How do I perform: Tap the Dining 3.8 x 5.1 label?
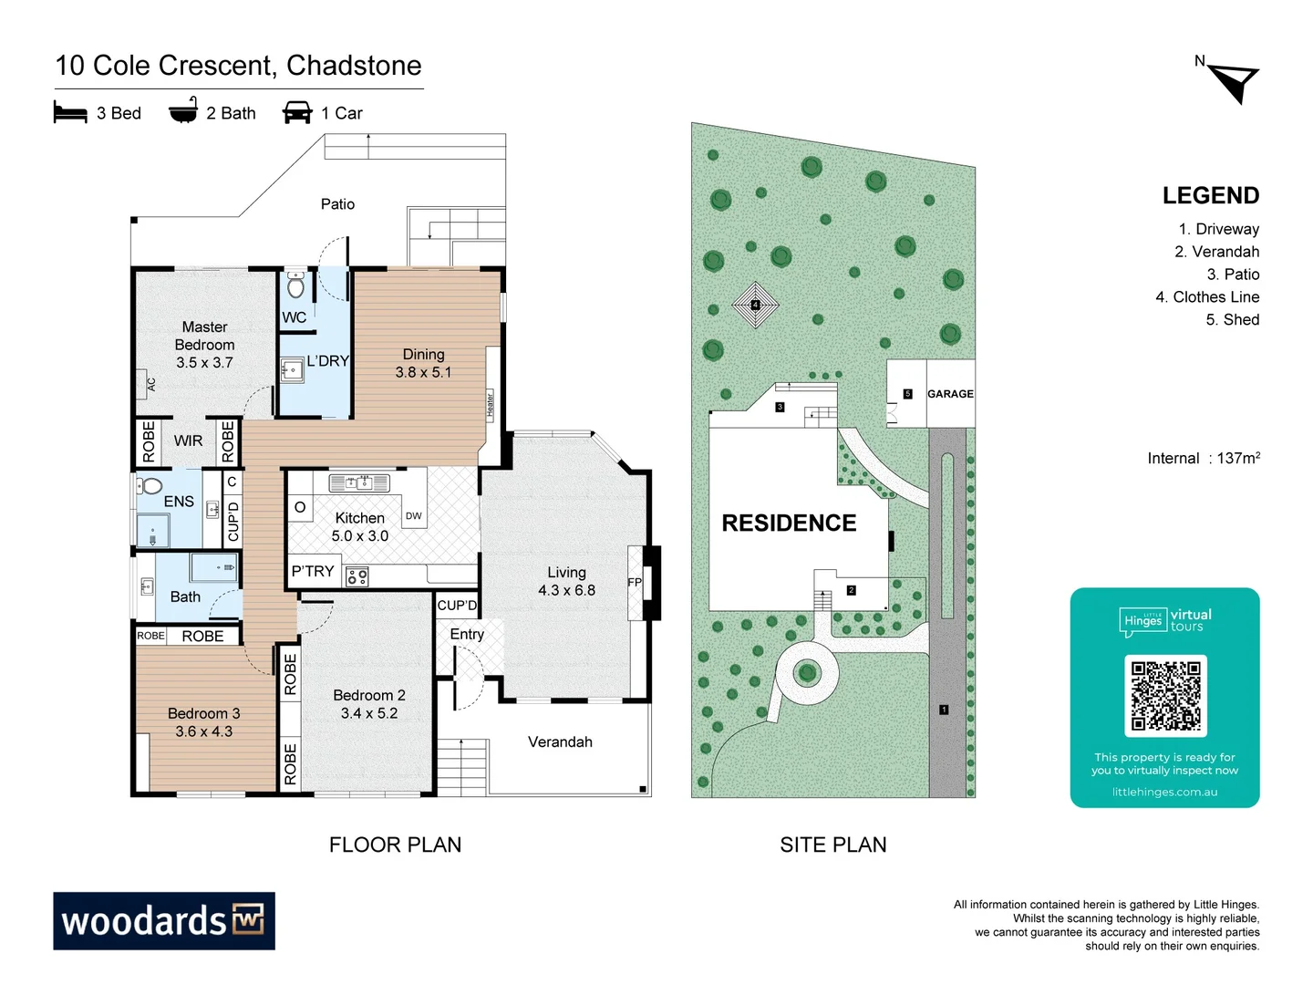tap(423, 363)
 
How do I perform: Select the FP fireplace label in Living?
tap(635, 582)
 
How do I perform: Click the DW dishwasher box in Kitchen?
tap(414, 516)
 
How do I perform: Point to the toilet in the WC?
tap(295, 285)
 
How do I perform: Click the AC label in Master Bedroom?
tap(151, 384)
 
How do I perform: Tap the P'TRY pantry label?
tap(313, 571)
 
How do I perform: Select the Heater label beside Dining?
tap(490, 403)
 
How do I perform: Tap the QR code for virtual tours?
tap(1165, 695)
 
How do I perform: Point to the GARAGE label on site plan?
tap(950, 394)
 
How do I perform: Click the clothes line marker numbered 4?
tap(755, 305)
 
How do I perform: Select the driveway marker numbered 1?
tap(944, 709)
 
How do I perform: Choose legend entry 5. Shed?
tap(1232, 319)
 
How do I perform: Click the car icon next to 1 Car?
tap(297, 113)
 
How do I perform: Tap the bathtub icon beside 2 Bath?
tap(183, 111)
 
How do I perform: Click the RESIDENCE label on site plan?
tap(789, 523)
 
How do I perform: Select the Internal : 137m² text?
tap(1203, 458)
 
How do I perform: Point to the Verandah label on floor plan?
tap(560, 741)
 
